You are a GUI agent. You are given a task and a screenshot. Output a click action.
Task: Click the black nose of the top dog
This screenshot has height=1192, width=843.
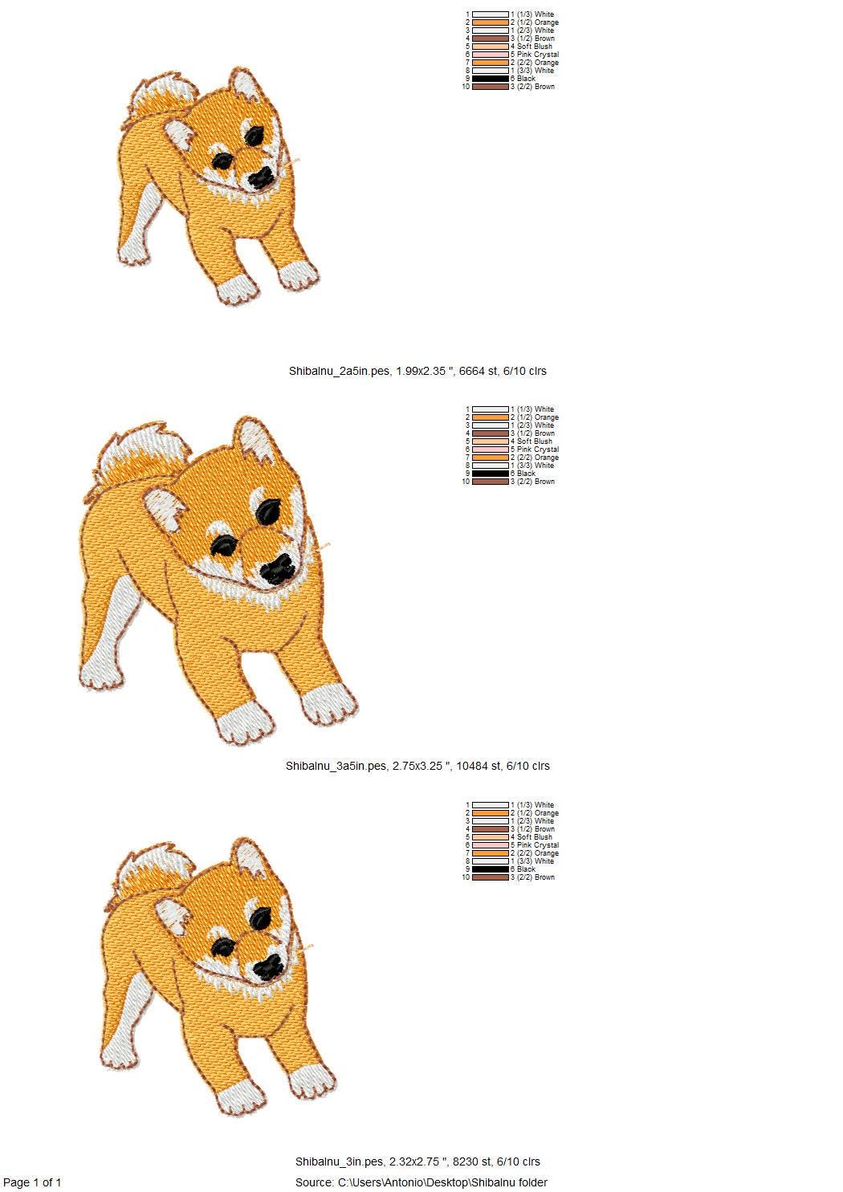[259, 178]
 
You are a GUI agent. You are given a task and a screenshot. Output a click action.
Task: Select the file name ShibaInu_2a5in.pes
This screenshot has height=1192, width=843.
[340, 371]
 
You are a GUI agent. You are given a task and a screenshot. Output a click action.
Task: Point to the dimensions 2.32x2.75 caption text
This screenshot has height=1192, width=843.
[416, 1161]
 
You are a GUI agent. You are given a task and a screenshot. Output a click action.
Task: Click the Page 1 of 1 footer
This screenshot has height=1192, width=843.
[32, 1182]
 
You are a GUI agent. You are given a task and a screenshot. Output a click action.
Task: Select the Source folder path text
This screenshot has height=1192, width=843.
[421, 1182]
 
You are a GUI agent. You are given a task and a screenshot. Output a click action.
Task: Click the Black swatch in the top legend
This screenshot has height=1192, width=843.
[490, 79]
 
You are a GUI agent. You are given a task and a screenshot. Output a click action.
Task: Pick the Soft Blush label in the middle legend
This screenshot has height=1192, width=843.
[534, 441]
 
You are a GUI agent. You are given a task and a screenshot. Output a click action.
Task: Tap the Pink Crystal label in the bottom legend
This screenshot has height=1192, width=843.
[537, 845]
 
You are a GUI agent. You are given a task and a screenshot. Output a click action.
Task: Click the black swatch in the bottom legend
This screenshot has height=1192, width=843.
[490, 869]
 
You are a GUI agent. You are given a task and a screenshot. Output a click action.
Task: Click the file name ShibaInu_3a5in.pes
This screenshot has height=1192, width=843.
[336, 766]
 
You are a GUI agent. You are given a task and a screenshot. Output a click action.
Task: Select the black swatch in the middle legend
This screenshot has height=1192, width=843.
[490, 474]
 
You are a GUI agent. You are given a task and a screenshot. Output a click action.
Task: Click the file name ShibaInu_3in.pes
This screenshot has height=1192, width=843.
[340, 1161]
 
